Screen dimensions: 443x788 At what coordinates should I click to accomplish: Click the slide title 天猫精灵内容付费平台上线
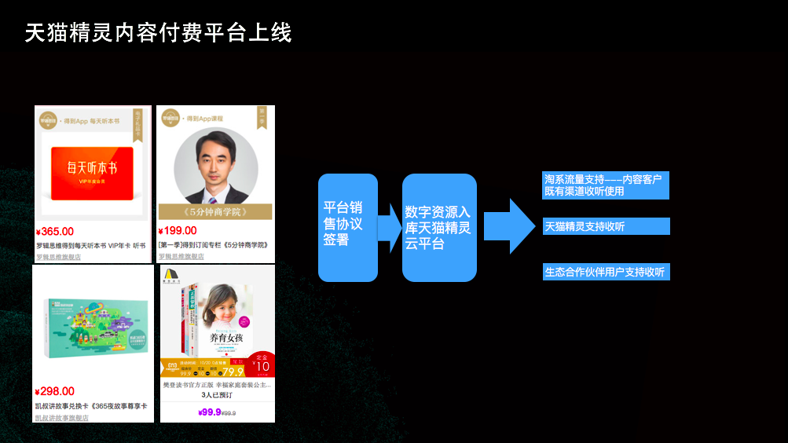coord(158,33)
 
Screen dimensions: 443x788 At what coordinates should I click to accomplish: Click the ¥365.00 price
coord(55,232)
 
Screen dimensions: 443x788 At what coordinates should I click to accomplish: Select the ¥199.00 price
coord(178,231)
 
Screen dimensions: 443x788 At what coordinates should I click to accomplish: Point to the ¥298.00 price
coord(55,391)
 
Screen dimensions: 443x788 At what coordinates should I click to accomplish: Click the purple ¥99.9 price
coord(210,412)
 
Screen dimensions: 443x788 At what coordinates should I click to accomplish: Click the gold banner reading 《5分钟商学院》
coord(214,211)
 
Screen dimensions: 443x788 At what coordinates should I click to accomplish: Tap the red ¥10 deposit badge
coord(262,364)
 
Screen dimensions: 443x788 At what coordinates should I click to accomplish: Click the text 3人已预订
coord(217,397)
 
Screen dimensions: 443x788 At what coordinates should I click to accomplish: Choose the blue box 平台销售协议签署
coord(347,227)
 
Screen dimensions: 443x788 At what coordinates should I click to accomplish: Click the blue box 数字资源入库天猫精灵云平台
coord(439,227)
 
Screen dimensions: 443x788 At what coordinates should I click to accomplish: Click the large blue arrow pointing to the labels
coord(509,226)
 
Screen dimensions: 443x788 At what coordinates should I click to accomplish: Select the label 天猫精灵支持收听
coord(606,226)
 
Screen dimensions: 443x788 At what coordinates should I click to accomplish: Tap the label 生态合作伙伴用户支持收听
coord(606,273)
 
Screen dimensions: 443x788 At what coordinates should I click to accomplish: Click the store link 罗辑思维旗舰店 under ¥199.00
coord(181,257)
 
